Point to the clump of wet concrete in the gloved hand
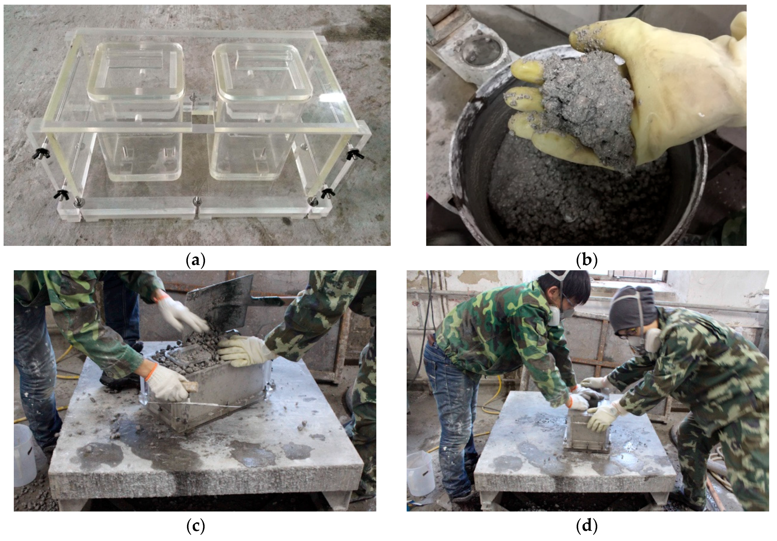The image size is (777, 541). [589, 105]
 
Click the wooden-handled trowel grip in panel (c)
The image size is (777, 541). [190, 388]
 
